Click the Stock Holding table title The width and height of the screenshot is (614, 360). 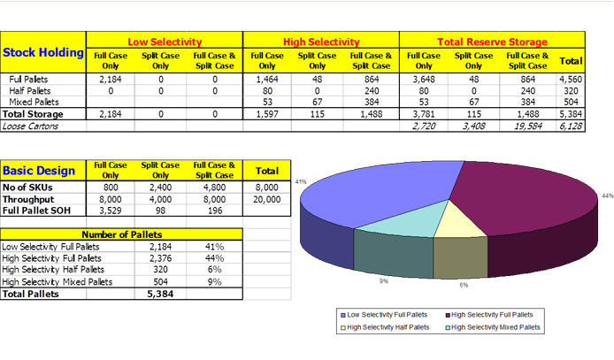click(43, 53)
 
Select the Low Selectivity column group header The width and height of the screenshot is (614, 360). click(165, 42)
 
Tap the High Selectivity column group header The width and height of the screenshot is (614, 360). click(321, 42)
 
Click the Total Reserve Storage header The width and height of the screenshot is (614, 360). click(492, 42)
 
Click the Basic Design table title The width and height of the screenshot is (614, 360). click(39, 171)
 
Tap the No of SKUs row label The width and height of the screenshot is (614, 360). click(29, 188)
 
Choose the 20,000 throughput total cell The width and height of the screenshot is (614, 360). click(267, 200)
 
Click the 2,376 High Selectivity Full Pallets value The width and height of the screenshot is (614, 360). click(160, 258)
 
